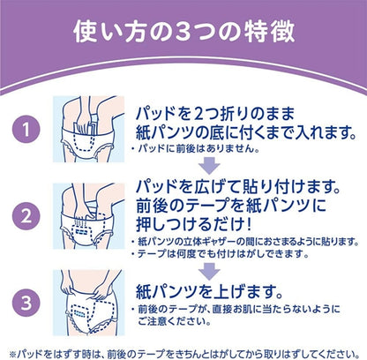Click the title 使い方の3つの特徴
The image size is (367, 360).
coord(183,32)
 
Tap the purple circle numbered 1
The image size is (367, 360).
coord(26,129)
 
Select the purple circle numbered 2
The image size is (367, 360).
coord(26,216)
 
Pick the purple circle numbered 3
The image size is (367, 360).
coord(26,303)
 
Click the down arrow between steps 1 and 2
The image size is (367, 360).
coord(209,166)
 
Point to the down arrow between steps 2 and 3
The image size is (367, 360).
coord(209,271)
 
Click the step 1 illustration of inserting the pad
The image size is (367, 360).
coord(88,129)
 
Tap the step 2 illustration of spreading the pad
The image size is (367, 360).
coord(88,216)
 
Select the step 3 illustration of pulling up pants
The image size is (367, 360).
coord(88,303)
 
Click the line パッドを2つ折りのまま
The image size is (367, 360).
coord(215,114)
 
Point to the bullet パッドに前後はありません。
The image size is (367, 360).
coord(196,149)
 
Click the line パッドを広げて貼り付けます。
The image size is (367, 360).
coord(238,186)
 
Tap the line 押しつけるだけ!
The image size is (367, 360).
coord(194,224)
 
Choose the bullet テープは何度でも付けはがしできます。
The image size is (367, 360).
coord(220,253)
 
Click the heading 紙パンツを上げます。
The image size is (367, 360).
coord(209,291)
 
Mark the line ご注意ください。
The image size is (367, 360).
coord(175,321)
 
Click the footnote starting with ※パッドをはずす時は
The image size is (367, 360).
coord(184,353)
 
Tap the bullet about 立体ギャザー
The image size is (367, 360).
coord(245,242)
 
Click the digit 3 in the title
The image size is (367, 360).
coord(185,32)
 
